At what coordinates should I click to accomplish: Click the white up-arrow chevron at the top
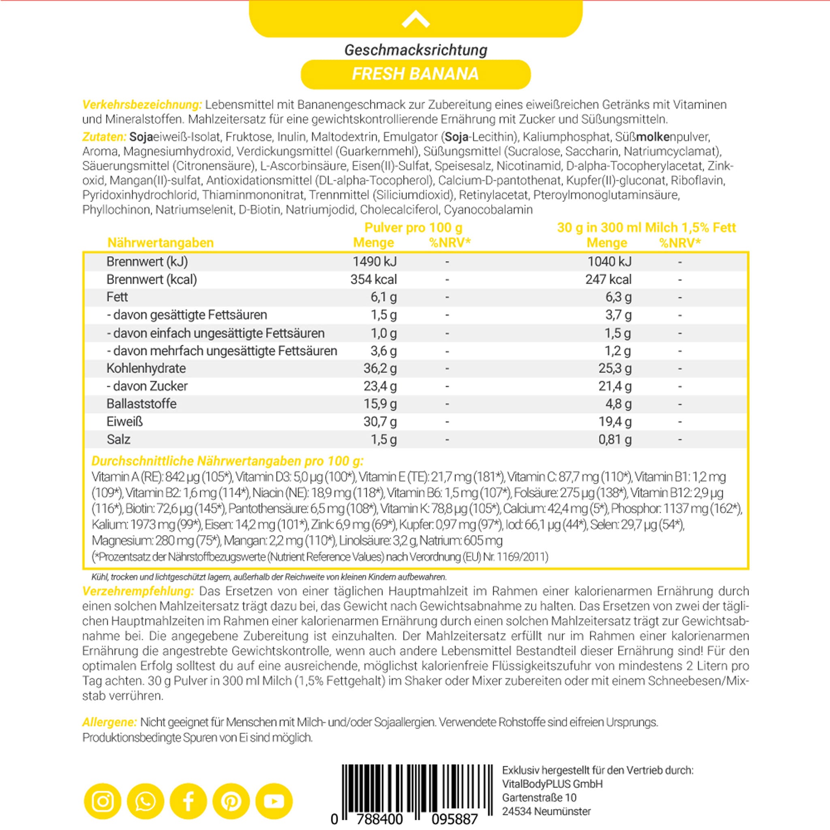tap(415, 20)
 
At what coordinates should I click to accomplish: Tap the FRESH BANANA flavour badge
tap(415, 74)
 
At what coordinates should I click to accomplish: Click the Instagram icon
tap(103, 801)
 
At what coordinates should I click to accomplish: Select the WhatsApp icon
tap(145, 801)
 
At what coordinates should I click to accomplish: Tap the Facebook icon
tap(188, 801)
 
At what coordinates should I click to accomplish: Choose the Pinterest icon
tap(231, 801)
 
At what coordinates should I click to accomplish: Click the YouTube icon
tap(274, 801)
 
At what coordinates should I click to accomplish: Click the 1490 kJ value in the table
tap(374, 262)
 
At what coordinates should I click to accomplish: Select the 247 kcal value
tap(608, 279)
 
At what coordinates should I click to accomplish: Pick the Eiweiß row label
tap(124, 421)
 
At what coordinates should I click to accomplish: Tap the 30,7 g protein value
tap(380, 421)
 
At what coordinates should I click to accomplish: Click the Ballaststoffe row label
tap(141, 404)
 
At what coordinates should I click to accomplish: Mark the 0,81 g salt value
tap(615, 439)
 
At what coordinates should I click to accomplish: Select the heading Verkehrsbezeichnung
tap(142, 105)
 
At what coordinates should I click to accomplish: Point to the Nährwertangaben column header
tap(160, 243)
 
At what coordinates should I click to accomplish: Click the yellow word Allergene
tap(109, 722)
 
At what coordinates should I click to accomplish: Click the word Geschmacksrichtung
tap(415, 50)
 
